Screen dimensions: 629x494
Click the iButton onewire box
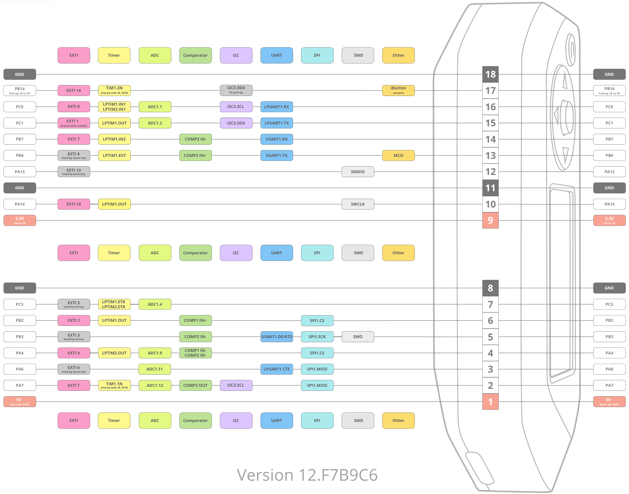[398, 90]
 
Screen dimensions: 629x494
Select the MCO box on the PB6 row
[398, 155]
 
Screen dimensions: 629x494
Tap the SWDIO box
[358, 171]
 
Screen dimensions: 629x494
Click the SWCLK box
[358, 204]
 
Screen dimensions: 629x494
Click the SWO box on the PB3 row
[358, 337]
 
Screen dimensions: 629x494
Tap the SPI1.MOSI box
[317, 385]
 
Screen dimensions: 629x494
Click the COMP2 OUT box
[196, 385]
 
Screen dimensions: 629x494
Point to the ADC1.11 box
[155, 369]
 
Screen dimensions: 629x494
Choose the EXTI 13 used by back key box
[74, 171]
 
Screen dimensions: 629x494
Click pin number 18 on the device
[490, 74]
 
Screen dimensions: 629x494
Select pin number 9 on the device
[490, 220]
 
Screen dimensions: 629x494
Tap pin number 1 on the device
[490, 402]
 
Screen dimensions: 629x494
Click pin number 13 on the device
[490, 156]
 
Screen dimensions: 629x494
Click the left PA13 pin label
[20, 171]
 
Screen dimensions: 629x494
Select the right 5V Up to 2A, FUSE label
[609, 401]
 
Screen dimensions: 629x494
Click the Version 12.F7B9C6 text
[307, 475]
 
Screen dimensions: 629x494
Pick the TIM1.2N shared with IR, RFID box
[114, 90]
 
